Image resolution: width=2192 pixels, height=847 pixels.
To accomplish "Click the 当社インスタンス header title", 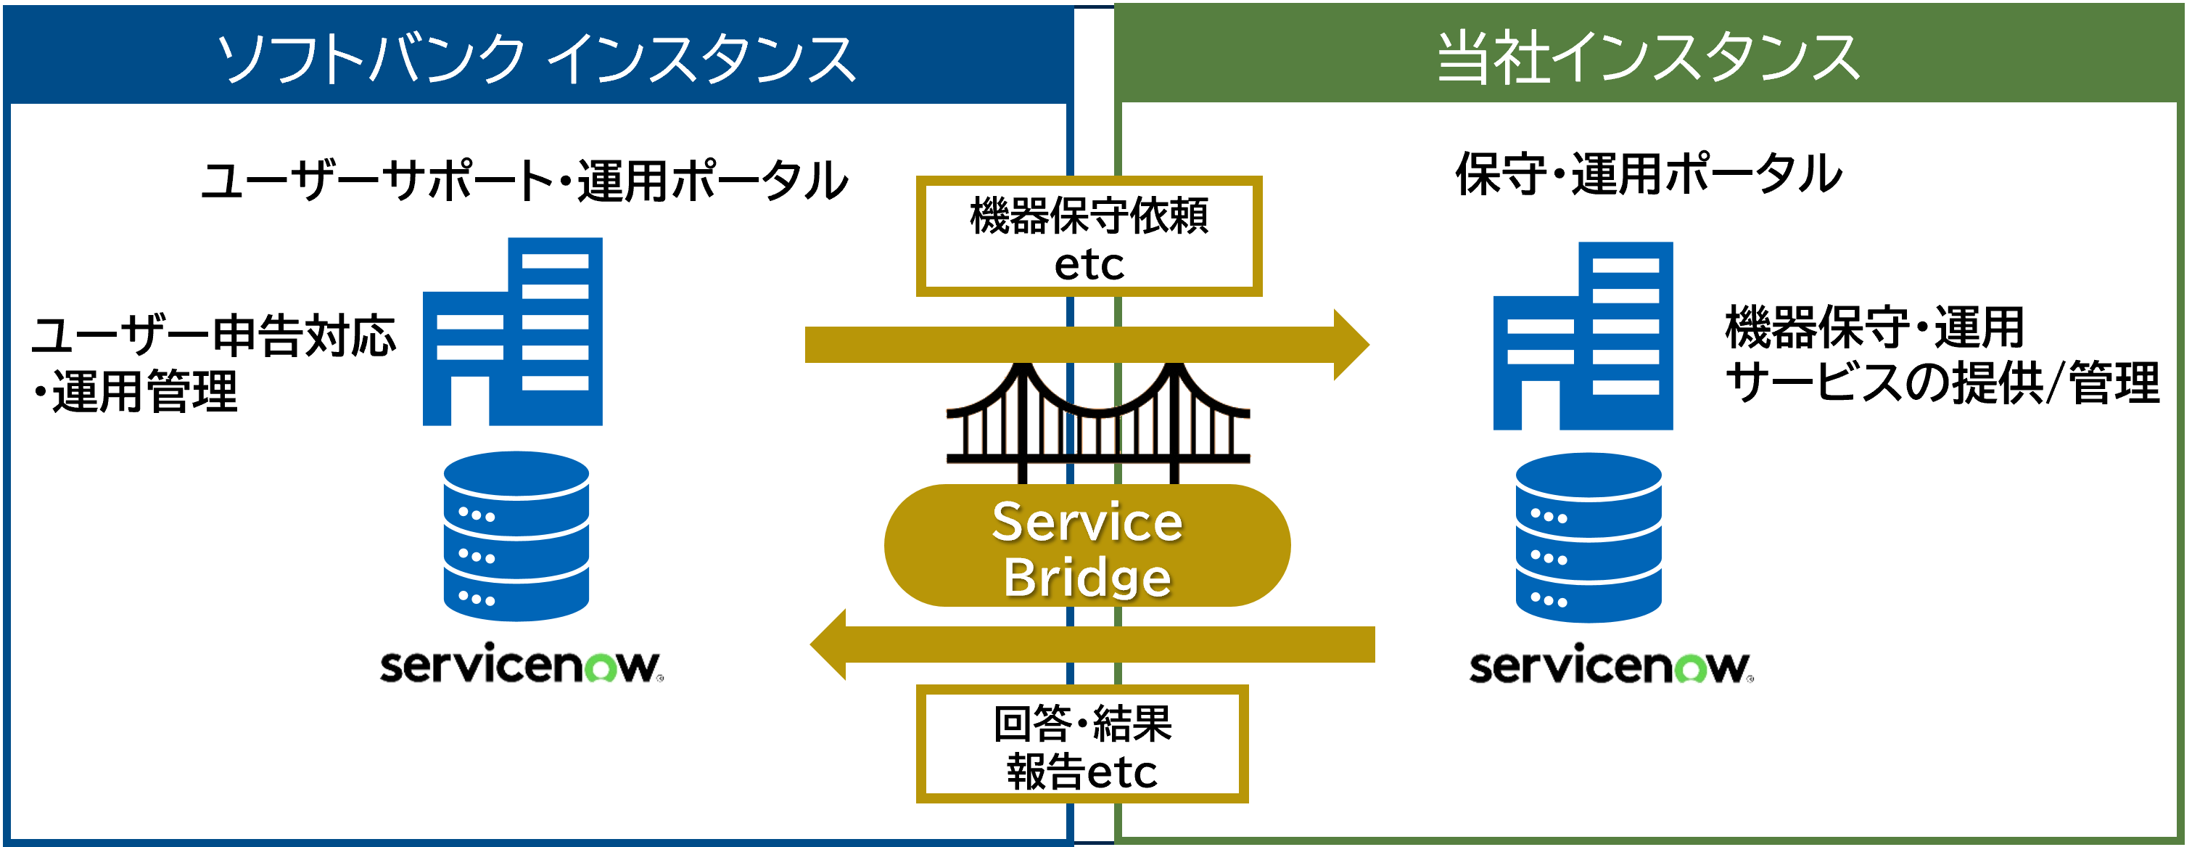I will coord(1648,58).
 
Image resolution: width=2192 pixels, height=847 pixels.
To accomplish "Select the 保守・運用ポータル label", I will coord(1648,173).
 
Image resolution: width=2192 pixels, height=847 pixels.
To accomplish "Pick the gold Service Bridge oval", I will coord(1087,546).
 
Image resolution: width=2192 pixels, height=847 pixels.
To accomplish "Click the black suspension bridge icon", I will coord(1097,422).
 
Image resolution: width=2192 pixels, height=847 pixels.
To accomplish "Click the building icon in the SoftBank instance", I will coord(513,332).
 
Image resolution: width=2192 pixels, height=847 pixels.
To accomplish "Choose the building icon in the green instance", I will coord(1583,336).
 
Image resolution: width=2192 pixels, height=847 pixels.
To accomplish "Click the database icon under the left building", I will coord(516,536).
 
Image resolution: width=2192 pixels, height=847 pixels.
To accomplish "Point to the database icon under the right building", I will coord(1588,537).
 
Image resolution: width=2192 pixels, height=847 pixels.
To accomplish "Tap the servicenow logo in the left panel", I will coord(521,665).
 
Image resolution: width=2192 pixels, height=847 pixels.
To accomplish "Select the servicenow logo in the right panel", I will coord(1610,665).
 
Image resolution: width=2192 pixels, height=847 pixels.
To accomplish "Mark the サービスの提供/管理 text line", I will coord(1942,383).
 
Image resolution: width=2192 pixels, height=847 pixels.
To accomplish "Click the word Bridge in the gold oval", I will coord(1087,577).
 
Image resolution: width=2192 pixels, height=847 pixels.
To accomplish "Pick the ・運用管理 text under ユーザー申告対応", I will coord(136,392).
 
